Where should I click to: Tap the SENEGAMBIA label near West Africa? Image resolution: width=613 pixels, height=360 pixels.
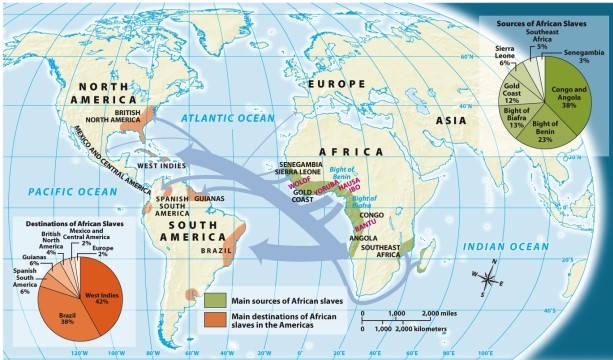[301, 163]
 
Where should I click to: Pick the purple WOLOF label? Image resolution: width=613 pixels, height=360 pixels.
[298, 183]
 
